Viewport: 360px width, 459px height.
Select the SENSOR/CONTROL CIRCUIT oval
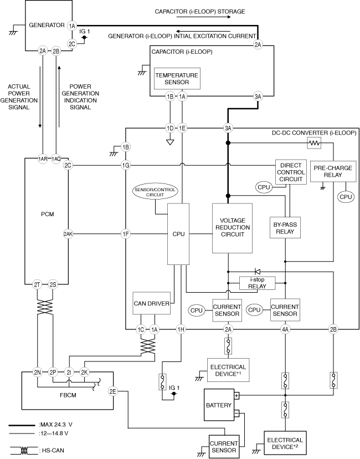155,192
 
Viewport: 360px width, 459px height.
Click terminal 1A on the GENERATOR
72,25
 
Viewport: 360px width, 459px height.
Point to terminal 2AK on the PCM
68,234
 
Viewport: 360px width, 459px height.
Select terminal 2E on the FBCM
113,391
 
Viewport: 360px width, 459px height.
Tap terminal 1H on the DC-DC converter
181,330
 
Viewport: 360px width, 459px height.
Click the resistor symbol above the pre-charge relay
314,143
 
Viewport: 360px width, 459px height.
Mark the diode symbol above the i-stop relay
258,271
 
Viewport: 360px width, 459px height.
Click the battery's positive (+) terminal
236,395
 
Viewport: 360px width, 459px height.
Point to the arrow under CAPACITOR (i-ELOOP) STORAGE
204,17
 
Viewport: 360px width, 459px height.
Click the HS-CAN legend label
52,451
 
